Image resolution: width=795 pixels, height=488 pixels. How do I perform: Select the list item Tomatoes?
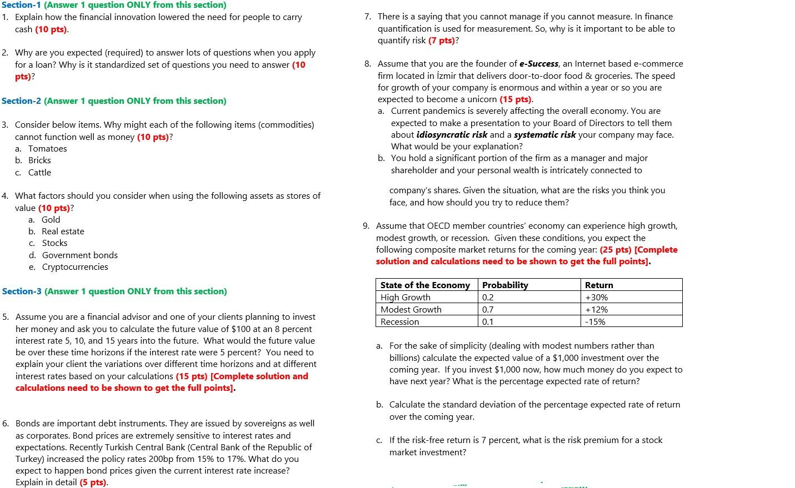point(48,149)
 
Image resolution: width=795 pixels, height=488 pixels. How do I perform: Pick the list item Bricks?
point(39,160)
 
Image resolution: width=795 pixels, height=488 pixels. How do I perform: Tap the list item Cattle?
point(39,173)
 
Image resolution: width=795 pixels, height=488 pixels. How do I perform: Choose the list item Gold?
point(51,220)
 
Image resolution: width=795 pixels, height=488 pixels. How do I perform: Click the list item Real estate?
point(63,232)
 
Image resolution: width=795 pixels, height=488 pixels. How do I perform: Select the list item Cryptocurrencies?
point(75,267)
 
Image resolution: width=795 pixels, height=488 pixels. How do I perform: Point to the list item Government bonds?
point(80,255)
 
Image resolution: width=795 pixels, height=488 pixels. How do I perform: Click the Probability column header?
point(505,285)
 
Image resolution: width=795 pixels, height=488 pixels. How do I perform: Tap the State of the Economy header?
point(425,285)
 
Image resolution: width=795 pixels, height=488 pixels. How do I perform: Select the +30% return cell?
point(597,298)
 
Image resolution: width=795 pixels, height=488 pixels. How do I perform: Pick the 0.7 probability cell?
point(488,310)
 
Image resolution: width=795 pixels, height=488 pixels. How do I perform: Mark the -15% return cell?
point(595,322)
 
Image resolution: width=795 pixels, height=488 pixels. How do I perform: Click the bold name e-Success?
point(539,64)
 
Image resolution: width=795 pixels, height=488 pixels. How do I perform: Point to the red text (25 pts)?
point(616,250)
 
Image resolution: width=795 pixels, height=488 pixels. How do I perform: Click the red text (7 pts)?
point(442,41)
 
